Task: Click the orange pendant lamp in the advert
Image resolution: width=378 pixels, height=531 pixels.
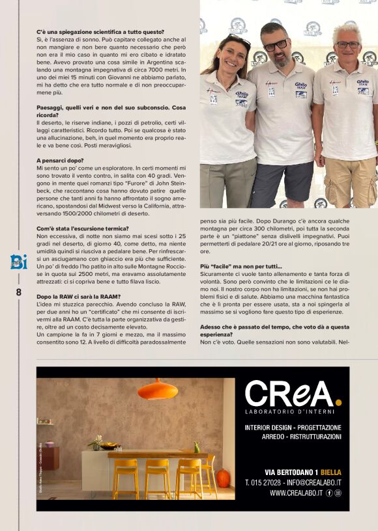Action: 158,389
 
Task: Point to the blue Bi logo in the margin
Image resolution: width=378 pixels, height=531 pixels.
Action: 18,262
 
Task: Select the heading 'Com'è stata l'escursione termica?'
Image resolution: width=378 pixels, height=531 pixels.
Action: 82,228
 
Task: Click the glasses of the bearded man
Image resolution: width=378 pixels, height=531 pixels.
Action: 275,44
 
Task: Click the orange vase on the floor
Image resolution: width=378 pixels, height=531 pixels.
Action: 223,478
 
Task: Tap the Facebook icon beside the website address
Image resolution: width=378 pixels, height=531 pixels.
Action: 328,493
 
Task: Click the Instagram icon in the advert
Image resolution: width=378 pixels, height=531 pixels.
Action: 338,493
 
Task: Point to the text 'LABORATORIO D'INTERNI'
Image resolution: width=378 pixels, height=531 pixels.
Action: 290,411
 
